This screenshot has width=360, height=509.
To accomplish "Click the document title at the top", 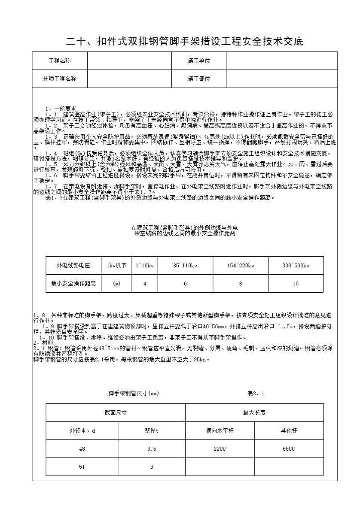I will (x=184, y=42).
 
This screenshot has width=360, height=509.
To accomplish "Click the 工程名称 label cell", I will (x=60, y=61).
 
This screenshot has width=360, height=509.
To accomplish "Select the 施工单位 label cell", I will (x=199, y=61).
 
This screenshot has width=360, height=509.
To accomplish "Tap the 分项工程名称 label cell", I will (x=60, y=79).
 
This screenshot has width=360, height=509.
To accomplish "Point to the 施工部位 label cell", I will (x=199, y=79).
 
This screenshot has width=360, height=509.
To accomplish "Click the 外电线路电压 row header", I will (x=73, y=266).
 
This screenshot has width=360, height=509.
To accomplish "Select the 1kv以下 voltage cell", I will (x=116, y=266).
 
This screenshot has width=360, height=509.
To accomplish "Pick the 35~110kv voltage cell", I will (x=185, y=266).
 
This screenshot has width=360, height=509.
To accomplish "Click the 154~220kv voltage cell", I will (x=241, y=266).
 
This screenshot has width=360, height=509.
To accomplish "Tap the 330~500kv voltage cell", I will (x=296, y=266).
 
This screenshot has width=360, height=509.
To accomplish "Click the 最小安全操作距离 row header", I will (x=73, y=284).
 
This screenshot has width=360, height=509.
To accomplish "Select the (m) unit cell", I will (x=116, y=284).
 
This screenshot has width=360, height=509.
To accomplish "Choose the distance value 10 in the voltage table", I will (x=296, y=284).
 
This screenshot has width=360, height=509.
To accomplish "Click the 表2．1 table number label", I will (x=256, y=393).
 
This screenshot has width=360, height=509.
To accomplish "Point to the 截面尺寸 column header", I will (x=116, y=412).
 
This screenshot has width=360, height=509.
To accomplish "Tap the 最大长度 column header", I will (x=254, y=412).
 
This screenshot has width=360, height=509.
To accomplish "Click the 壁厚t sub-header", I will (x=152, y=430).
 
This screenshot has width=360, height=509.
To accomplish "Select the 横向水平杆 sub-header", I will (x=220, y=430).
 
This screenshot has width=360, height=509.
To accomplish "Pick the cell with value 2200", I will (x=220, y=449).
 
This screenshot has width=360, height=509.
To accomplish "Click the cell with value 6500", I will (x=289, y=449).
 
